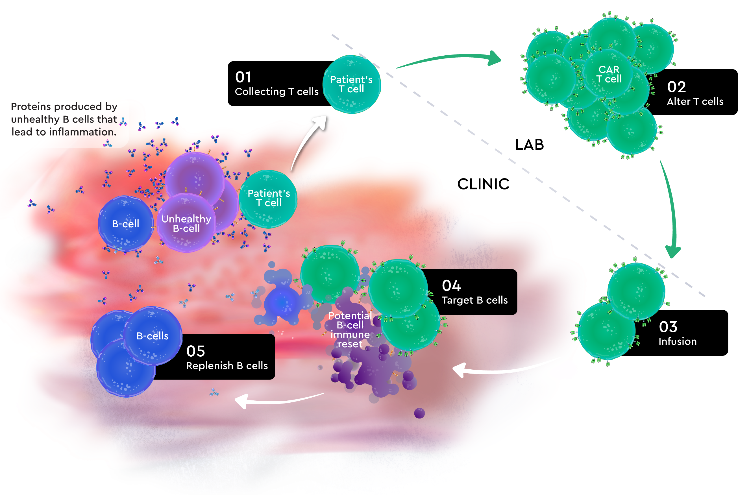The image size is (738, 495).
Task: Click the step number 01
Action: coord(243,77)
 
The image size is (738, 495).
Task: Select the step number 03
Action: coord(668,327)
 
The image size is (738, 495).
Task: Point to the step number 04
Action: coord(451,286)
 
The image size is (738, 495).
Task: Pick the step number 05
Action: coord(195,351)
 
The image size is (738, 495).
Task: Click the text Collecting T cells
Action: coord(277,91)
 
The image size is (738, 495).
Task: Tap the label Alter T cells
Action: coord(695,102)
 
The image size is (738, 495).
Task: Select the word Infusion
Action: coord(677,342)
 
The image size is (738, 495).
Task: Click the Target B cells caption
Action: coord(474,300)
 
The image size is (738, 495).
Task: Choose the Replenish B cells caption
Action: coord(227,366)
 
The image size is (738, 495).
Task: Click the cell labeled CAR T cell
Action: coord(609,75)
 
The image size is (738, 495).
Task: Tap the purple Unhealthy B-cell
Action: coord(186,224)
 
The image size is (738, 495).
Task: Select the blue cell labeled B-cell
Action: coord(125,224)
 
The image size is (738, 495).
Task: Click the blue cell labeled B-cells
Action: coord(152,336)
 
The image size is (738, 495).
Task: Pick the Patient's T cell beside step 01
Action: coord(351,84)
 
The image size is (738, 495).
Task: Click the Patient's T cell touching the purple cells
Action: coord(268,198)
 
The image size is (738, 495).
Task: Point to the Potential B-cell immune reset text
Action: coord(350,330)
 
